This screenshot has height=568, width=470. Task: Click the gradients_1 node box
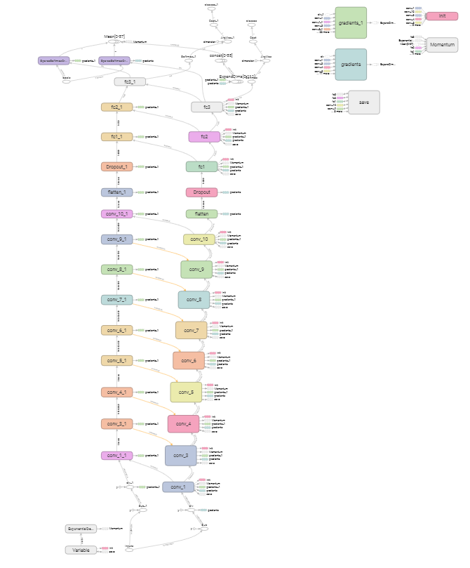(x=351, y=22)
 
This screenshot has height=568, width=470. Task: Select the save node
(x=363, y=103)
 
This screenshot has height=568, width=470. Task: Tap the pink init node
(x=442, y=15)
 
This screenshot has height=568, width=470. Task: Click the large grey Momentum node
(x=442, y=45)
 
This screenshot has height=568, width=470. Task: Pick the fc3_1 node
(x=130, y=81)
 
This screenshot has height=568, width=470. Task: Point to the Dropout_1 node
(x=116, y=166)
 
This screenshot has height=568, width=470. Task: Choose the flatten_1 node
(x=116, y=192)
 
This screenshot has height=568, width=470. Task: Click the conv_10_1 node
(x=116, y=214)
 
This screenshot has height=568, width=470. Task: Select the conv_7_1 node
(x=116, y=300)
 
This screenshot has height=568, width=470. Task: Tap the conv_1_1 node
(x=116, y=456)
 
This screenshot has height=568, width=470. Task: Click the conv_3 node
(x=181, y=456)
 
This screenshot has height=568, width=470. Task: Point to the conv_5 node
(x=186, y=392)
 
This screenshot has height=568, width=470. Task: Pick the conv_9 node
(x=196, y=270)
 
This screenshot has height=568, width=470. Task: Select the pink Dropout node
(x=201, y=192)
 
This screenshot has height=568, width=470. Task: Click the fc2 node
(x=204, y=137)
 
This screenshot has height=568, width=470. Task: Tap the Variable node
(x=81, y=550)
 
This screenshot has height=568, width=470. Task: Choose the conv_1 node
(x=178, y=487)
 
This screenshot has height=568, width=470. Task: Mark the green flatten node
(x=201, y=213)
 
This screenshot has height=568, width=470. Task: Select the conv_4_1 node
(x=116, y=392)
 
